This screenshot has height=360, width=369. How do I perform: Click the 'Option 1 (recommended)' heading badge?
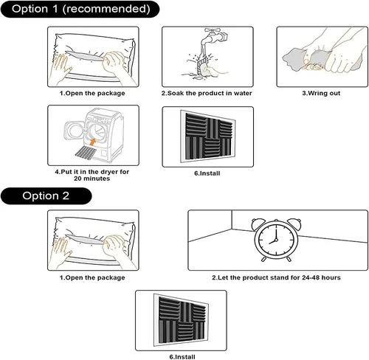(x=80, y=9)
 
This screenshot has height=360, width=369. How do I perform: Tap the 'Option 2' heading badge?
(x=46, y=196)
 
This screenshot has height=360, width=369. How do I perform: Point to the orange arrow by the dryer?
(x=93, y=142)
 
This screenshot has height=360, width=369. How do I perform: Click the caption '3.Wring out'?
(x=321, y=93)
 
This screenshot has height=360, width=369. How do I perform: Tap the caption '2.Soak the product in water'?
(x=207, y=93)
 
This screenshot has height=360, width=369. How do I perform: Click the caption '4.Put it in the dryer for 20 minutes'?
(x=92, y=175)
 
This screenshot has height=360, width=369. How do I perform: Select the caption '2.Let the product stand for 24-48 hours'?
(x=276, y=277)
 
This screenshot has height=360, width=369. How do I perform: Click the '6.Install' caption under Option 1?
(x=207, y=173)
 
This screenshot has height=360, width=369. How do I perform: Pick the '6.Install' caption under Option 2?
(x=182, y=357)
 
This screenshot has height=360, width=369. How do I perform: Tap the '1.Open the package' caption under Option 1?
(x=92, y=93)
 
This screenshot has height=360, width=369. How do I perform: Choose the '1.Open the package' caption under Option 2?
(x=92, y=277)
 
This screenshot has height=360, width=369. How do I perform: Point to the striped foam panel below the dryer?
(x=86, y=152)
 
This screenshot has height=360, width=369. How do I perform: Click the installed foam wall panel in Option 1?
(x=208, y=136)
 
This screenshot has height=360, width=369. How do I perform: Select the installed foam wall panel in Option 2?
(x=182, y=320)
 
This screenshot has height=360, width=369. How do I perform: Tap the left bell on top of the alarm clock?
(x=258, y=223)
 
